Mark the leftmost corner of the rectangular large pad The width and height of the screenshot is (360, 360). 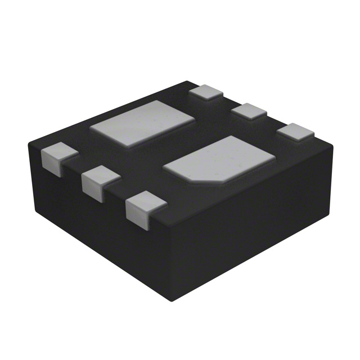pos(91,128)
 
